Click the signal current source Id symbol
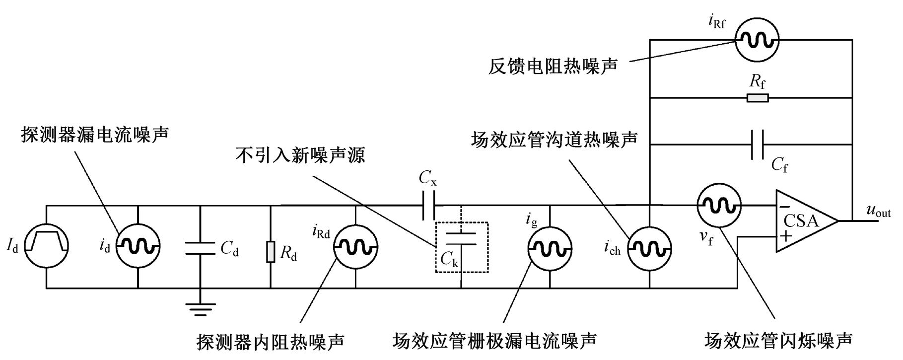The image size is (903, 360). click(x=46, y=246)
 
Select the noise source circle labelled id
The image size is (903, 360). click(x=138, y=246)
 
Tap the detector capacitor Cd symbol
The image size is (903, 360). click(x=201, y=247)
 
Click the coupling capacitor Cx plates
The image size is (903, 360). click(x=429, y=205)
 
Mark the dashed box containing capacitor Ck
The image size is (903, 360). click(x=462, y=247)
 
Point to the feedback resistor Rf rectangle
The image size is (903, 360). click(x=758, y=97)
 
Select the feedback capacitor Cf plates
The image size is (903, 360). click(x=758, y=144)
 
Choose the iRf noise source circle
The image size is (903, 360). click(x=757, y=40)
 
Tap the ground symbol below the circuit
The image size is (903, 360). click(x=201, y=309)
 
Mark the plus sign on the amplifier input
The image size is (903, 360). click(x=785, y=235)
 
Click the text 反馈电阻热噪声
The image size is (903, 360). click(x=553, y=66)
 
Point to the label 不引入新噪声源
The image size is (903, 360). click(x=301, y=155)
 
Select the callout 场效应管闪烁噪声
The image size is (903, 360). click(x=778, y=341)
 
